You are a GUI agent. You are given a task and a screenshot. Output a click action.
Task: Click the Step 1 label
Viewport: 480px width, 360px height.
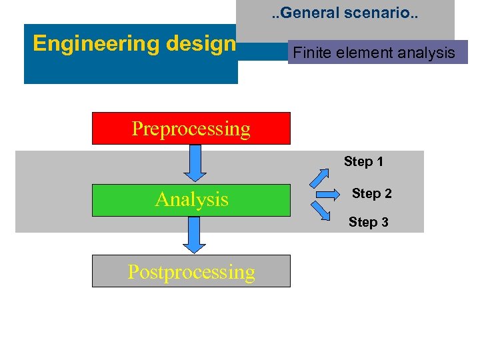[363, 161]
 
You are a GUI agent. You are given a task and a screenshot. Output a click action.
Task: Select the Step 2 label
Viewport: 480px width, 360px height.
[371, 193]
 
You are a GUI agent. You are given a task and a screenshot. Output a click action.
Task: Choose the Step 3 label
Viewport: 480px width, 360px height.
[368, 222]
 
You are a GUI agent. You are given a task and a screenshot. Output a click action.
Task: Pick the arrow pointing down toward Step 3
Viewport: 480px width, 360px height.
[321, 211]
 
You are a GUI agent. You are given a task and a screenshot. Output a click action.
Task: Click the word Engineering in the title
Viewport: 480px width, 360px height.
[83, 43]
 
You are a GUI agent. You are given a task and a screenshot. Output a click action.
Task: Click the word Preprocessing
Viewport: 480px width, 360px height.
[191, 128]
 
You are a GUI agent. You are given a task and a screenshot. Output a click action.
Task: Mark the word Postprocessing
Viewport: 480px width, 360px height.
[191, 272]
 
